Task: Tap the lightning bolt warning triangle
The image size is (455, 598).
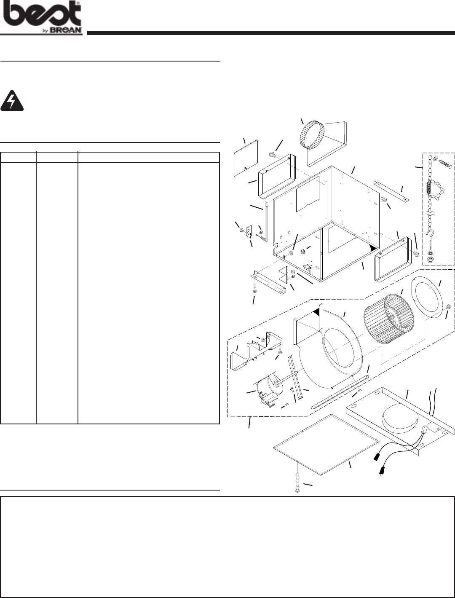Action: click(x=12, y=101)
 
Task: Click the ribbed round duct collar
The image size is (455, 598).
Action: click(x=312, y=134)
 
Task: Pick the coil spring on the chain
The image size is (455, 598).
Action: click(x=429, y=184)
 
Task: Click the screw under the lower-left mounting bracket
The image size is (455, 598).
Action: click(x=254, y=290)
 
